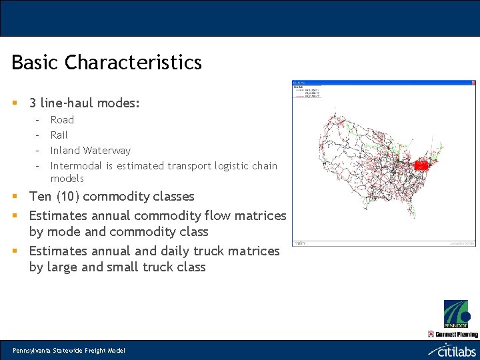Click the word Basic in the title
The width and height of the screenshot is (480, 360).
[36, 63]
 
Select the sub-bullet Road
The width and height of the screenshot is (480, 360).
[62, 120]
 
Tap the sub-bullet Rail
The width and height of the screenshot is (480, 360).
[59, 135]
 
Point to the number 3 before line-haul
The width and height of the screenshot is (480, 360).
[33, 103]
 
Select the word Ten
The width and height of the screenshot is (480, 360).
[41, 197]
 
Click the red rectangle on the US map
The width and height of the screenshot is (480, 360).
[421, 165]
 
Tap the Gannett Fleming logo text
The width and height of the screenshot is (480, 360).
[457, 334]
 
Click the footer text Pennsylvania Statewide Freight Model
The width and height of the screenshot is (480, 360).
[69, 351]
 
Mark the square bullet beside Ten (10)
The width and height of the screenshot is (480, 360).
[15, 197]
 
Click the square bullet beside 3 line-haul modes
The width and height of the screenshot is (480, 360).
[15, 103]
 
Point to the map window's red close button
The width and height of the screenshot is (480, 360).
[473, 83]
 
